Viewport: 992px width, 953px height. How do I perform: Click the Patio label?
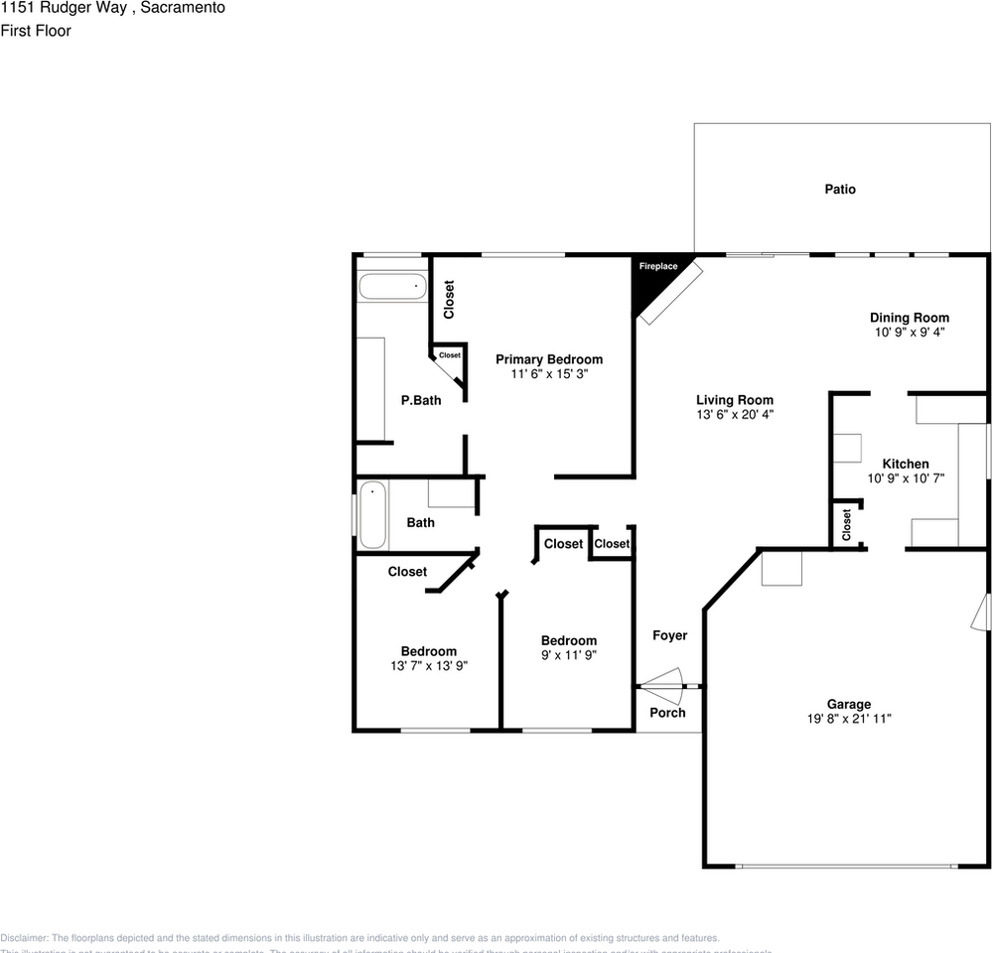pyautogui.click(x=839, y=189)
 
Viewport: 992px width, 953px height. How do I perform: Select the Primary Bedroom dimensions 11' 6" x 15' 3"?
pyautogui.click(x=548, y=374)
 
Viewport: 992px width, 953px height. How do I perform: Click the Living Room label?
pyautogui.click(x=734, y=400)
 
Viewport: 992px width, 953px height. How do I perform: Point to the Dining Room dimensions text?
pyautogui.click(x=909, y=333)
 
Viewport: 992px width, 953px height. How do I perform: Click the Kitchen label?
pyautogui.click(x=906, y=464)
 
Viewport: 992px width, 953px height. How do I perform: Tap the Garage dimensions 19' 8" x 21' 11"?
pyautogui.click(x=849, y=719)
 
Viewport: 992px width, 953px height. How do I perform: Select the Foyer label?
pyautogui.click(x=669, y=635)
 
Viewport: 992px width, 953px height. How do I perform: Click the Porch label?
pyautogui.click(x=667, y=713)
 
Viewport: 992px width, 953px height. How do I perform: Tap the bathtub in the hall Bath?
pyautogui.click(x=372, y=515)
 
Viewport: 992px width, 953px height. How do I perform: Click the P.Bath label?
pyautogui.click(x=421, y=400)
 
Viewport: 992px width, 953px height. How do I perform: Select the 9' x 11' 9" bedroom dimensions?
pyautogui.click(x=569, y=655)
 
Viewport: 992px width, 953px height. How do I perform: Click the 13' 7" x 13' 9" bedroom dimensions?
pyautogui.click(x=429, y=666)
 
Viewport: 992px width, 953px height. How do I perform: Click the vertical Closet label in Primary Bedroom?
pyautogui.click(x=449, y=299)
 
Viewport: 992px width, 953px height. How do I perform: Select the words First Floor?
pyautogui.click(x=36, y=31)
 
